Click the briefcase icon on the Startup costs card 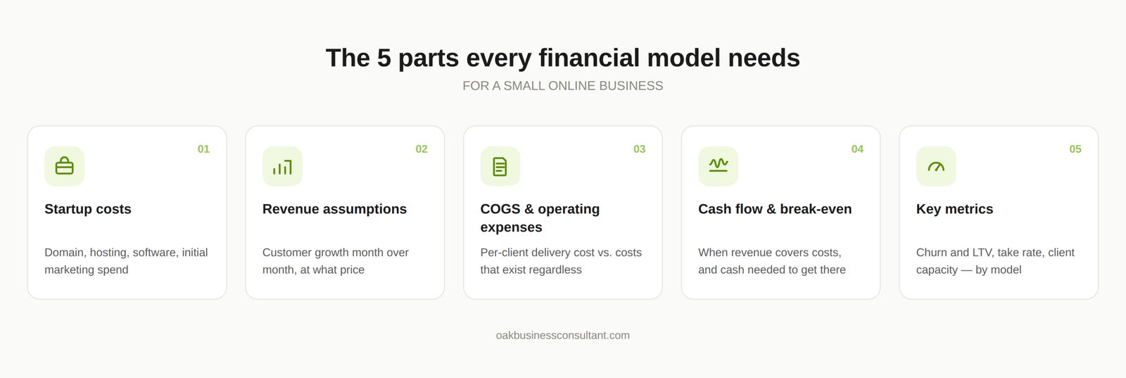[64, 166]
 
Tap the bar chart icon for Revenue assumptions [282, 166]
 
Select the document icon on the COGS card [500, 166]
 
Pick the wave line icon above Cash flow [719, 165]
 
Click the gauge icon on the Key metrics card [936, 166]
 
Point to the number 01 [203, 149]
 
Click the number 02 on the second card [422, 149]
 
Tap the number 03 [640, 149]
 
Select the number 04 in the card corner [857, 149]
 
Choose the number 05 [1075, 149]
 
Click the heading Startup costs [88, 209]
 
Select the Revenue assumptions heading [334, 209]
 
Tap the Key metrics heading [954, 209]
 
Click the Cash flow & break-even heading [775, 209]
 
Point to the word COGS [500, 209]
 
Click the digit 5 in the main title [384, 58]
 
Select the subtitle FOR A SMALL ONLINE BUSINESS [563, 86]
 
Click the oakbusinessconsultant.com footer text [563, 335]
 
